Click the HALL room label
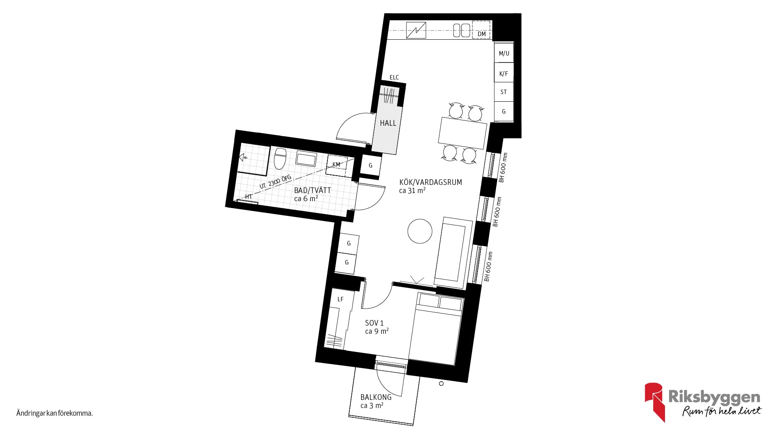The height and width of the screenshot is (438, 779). point(388,123)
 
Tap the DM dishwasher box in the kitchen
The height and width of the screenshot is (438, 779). point(482,30)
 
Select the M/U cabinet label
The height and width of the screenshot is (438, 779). point(504,54)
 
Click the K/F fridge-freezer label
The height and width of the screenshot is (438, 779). point(504,74)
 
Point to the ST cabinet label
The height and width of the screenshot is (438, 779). point(504,92)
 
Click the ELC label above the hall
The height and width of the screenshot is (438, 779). point(394,77)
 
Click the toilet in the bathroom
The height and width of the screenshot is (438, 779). point(280,159)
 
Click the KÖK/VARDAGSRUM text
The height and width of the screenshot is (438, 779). point(430,182)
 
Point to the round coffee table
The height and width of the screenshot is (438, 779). point(420,231)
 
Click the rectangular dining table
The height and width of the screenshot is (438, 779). point(463,133)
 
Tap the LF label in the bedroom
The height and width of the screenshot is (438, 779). point(340,299)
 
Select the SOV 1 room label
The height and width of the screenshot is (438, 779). point(374,323)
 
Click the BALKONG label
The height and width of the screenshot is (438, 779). point(376,397)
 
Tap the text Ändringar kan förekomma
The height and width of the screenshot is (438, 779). point(54,414)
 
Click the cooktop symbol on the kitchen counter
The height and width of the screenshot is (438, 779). point(416,30)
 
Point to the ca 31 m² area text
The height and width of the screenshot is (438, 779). point(412,191)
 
